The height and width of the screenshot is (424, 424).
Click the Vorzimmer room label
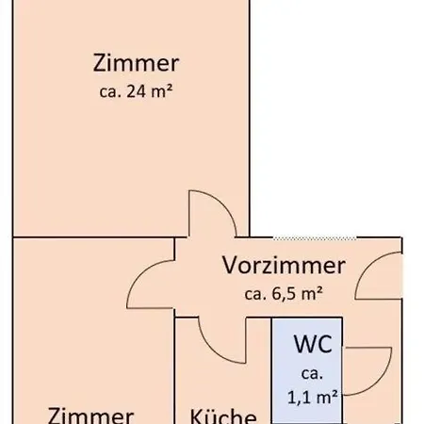click(284, 266)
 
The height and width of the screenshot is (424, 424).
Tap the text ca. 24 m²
click(136, 91)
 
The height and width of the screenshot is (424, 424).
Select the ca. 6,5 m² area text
click(284, 294)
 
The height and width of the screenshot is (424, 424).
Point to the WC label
click(313, 344)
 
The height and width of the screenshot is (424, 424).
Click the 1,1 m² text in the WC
click(313, 398)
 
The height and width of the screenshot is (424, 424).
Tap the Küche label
click(223, 416)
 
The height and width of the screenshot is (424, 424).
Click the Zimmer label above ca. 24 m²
click(136, 63)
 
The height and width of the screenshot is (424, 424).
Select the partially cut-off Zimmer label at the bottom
click(90, 416)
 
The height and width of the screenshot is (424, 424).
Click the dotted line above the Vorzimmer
click(315, 238)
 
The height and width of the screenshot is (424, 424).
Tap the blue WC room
click(307, 370)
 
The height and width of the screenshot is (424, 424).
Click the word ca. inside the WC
click(312, 374)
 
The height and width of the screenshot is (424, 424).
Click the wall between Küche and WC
click(271, 370)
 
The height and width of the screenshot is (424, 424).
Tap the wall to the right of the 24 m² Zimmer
click(250, 119)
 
